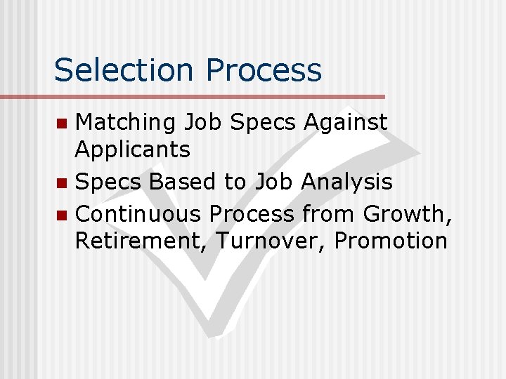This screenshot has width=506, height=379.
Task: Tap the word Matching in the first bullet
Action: pos(125,123)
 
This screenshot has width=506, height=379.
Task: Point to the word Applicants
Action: pos(132,149)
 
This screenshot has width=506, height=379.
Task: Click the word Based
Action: pos(183,182)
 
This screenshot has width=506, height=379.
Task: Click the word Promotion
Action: pos(391,241)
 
